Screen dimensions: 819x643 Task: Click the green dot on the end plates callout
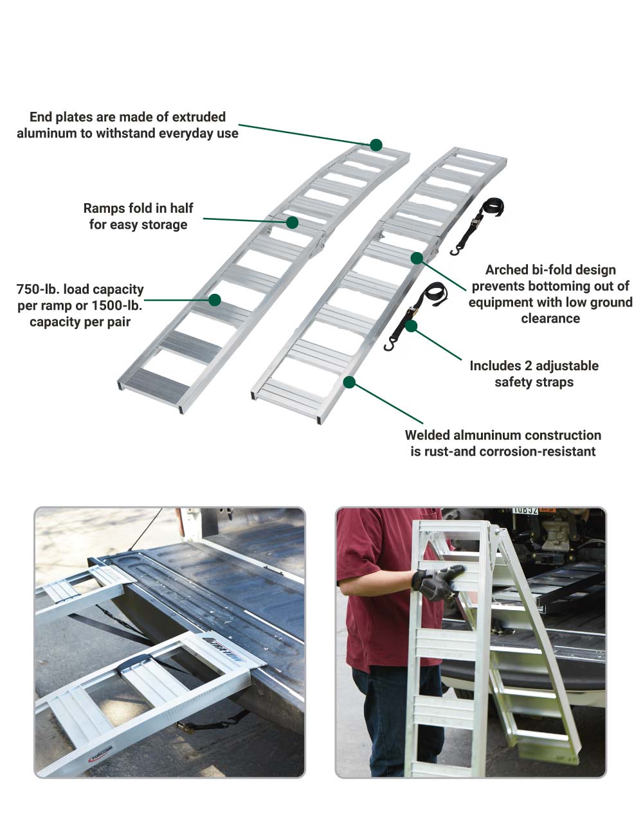point(376,145)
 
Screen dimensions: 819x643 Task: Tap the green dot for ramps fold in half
point(292,222)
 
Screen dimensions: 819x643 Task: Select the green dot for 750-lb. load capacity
point(215,300)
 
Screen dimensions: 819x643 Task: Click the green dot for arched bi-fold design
point(417,258)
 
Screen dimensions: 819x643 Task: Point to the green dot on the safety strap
point(412,326)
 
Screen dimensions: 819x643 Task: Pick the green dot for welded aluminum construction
point(349,382)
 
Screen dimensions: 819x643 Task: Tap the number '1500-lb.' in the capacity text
point(118,305)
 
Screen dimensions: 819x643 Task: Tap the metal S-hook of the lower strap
point(388,346)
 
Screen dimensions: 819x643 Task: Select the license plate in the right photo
point(525,510)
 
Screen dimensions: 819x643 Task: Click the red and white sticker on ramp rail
point(100,751)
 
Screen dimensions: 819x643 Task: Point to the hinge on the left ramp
point(318,247)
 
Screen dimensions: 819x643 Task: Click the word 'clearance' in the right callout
point(550,319)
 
